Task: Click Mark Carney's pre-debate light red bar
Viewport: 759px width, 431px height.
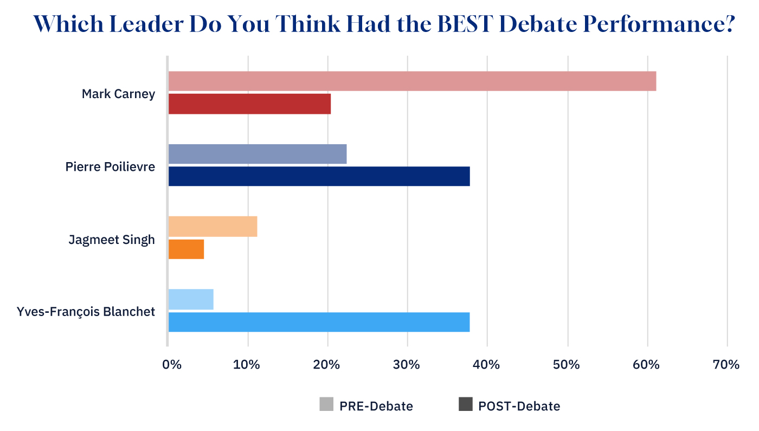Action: tap(412, 81)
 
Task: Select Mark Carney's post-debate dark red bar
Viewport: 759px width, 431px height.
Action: tap(249, 104)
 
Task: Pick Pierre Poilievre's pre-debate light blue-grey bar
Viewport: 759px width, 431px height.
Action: tap(258, 154)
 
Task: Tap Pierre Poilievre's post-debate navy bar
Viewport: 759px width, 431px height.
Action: tap(319, 177)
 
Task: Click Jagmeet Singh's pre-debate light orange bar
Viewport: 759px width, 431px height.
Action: tap(213, 226)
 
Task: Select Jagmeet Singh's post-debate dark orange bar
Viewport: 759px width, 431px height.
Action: tap(186, 249)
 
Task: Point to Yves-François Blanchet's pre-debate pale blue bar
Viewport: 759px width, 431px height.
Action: tap(191, 299)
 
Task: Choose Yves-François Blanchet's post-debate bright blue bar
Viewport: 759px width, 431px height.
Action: tap(319, 322)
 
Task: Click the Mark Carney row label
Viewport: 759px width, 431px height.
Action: tap(118, 94)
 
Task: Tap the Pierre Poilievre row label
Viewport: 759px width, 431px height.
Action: tap(110, 166)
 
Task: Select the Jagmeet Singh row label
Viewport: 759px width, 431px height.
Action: tap(112, 239)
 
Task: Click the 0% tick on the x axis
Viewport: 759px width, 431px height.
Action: tap(171, 364)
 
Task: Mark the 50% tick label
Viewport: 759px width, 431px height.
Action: tap(567, 364)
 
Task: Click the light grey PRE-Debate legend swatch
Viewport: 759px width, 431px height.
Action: tap(326, 404)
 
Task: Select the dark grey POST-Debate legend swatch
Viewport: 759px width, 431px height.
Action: tap(465, 404)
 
